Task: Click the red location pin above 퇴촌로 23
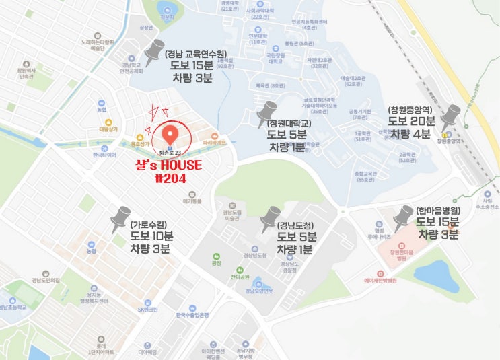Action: tap(170, 131)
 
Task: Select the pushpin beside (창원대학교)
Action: tap(267, 113)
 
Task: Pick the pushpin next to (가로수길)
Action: tap(120, 218)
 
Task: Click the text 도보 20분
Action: tap(413, 122)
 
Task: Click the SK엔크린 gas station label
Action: tap(147, 309)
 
